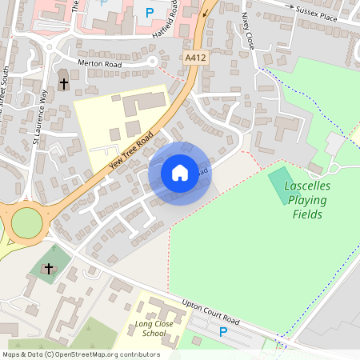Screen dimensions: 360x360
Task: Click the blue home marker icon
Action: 180,173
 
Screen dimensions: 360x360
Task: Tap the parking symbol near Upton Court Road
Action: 223,331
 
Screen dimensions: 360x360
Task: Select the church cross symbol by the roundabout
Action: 49,269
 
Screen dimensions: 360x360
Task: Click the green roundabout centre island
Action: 26,223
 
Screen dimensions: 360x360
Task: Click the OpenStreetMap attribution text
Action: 81,354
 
